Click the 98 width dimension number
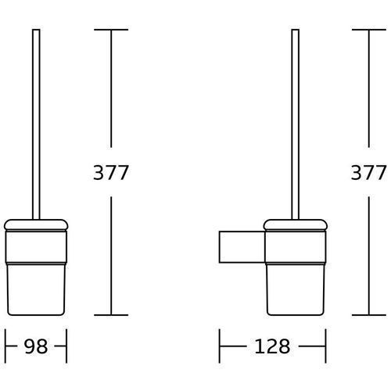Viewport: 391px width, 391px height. point(36,346)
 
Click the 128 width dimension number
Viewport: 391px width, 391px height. point(272,346)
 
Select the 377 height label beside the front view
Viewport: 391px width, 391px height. point(111,172)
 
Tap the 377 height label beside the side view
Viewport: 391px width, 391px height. point(368,172)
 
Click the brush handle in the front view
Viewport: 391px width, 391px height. point(36,124)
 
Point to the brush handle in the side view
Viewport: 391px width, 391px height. point(296,124)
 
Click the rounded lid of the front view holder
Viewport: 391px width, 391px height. point(36,225)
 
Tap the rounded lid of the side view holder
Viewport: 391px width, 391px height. point(296,225)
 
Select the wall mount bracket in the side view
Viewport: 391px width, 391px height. point(242,247)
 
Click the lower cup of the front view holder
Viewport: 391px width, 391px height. point(36,289)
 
